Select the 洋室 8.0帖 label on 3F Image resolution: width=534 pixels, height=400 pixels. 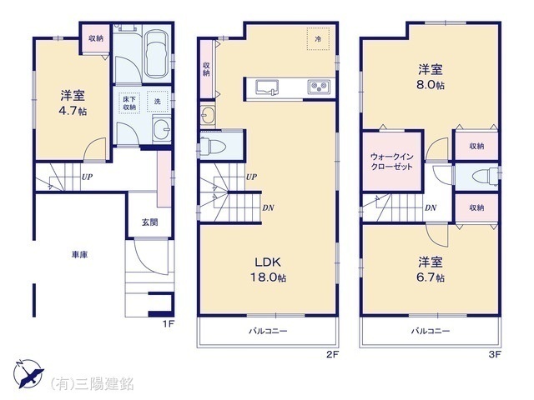tap(431, 76)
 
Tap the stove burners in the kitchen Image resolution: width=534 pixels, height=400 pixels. tap(318, 87)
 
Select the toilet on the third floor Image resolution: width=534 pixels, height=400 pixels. tap(482, 177)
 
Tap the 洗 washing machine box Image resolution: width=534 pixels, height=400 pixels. tap(155, 102)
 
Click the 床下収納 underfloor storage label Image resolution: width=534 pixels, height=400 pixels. tap(129, 102)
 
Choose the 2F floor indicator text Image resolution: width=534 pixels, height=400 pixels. tap(331, 354)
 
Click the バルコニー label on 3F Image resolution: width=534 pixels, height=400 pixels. tap(431, 331)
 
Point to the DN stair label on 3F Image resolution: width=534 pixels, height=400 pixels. tap(429, 207)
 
